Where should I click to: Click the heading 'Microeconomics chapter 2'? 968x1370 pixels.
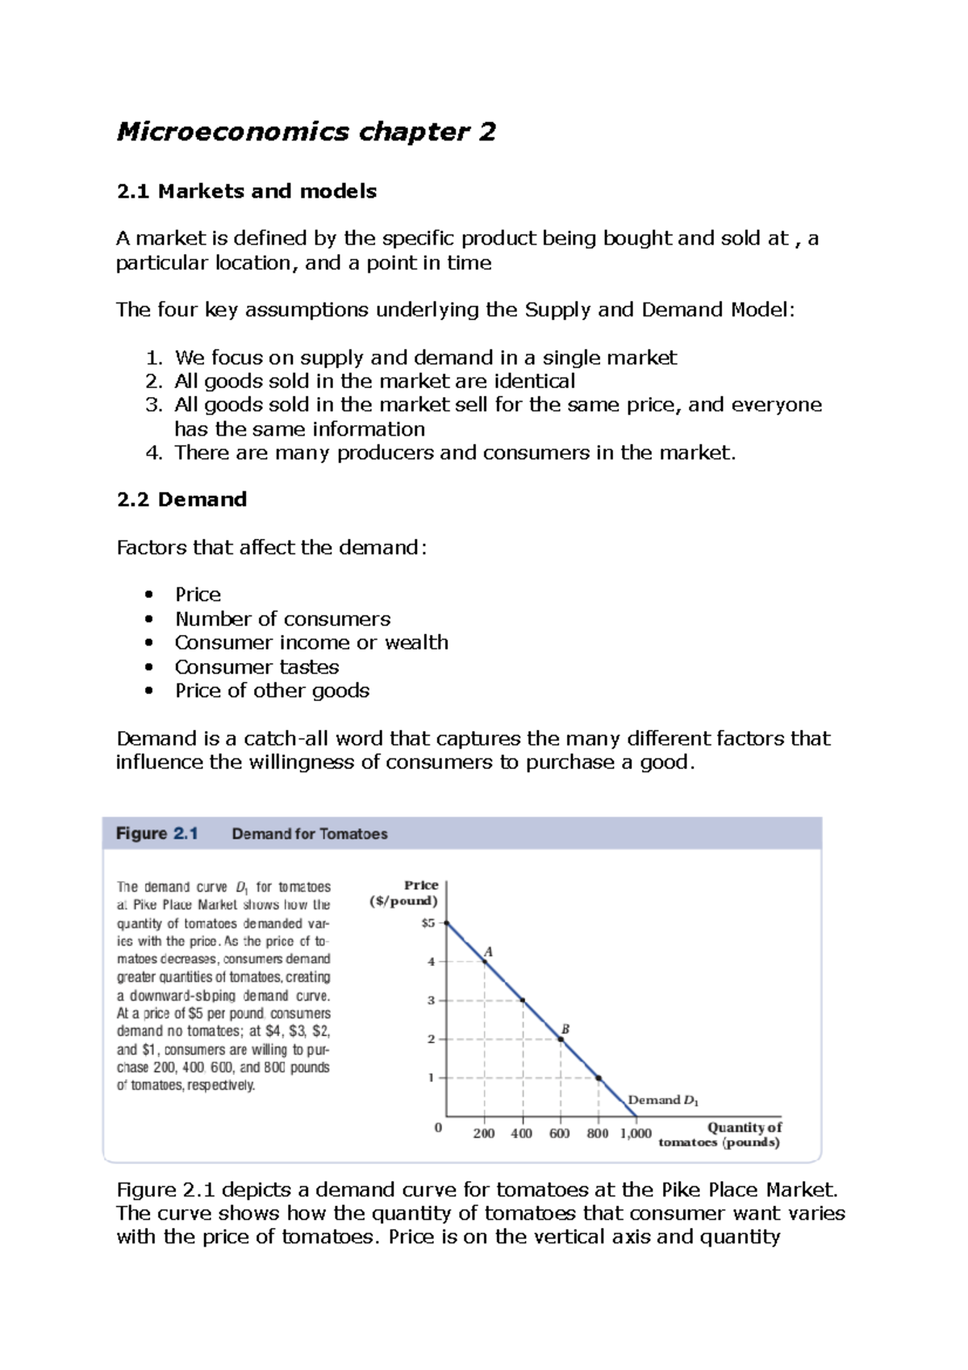coord(306,132)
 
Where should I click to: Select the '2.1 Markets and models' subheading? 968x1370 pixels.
coord(246,191)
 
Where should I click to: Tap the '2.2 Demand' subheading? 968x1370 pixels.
coord(181,499)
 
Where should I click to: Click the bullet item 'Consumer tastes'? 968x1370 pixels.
coord(257,667)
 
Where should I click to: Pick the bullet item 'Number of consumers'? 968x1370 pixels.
coord(282,619)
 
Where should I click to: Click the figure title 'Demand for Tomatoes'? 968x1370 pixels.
coord(310,834)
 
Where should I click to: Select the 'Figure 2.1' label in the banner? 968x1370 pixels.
coord(157,833)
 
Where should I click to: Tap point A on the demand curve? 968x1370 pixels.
coord(485,962)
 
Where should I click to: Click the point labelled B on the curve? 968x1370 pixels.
coord(561,1039)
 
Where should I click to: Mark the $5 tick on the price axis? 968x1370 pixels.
coord(428,923)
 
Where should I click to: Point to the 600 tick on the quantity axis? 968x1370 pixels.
coord(560,1133)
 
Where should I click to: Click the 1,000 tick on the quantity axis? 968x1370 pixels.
coord(636,1133)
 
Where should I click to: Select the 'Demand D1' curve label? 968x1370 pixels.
coord(663,1100)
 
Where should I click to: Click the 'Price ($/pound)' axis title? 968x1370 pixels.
coord(404,893)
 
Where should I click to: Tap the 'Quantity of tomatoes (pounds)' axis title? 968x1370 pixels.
coord(720,1134)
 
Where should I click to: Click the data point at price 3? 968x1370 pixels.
coord(523,1000)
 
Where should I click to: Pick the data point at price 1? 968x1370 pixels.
coord(599,1078)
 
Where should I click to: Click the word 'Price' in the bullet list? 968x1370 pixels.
coord(198,595)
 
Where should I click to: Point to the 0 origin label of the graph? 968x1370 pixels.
coord(438,1128)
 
